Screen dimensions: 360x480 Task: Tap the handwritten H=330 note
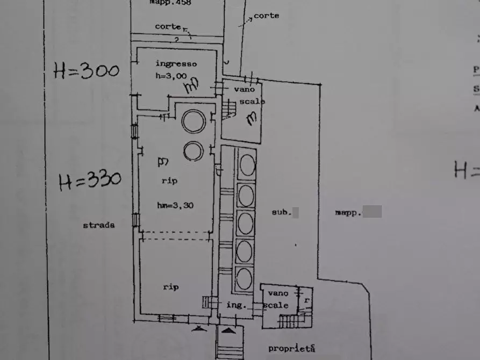click(x=89, y=181)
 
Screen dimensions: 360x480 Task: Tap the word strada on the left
click(x=98, y=225)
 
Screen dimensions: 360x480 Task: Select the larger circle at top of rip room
click(x=194, y=121)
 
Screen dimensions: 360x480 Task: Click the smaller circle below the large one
click(x=193, y=151)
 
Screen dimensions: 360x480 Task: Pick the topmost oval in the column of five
click(x=247, y=164)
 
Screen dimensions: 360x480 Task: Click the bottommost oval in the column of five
click(x=244, y=279)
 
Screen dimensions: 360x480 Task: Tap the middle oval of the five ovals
click(x=246, y=223)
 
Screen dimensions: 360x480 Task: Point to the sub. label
click(x=281, y=212)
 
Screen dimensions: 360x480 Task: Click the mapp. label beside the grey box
click(x=347, y=213)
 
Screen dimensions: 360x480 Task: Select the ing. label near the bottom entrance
click(x=236, y=305)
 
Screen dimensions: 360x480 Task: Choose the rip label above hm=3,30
click(x=169, y=181)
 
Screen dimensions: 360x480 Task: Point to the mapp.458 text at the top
click(x=170, y=3)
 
